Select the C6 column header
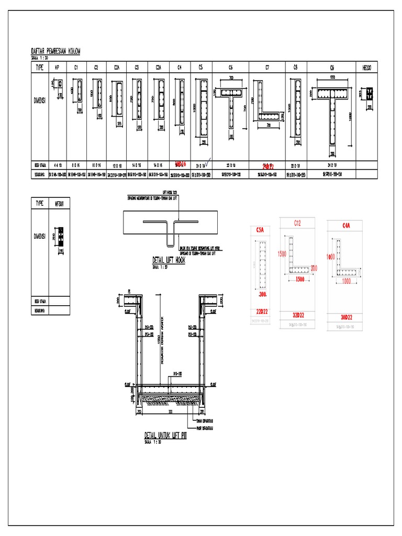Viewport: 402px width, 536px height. pyautogui.click(x=230, y=67)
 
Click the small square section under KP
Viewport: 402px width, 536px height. pyautogui.click(x=60, y=84)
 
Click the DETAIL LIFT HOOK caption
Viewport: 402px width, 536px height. pyautogui.click(x=169, y=259)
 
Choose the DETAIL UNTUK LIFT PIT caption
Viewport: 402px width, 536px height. pyautogui.click(x=165, y=435)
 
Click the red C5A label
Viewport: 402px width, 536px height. pyautogui.click(x=260, y=229)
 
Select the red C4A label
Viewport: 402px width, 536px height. pyautogui.click(x=346, y=226)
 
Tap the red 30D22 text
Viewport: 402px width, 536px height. pyautogui.click(x=346, y=317)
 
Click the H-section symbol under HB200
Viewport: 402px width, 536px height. pyautogui.click(x=369, y=94)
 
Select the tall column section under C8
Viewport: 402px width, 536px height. pyautogui.click(x=297, y=110)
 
